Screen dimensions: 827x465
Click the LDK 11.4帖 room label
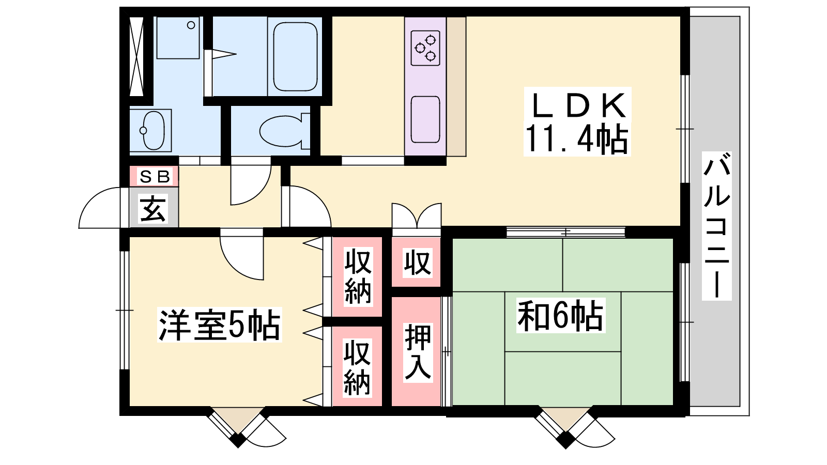point(577,122)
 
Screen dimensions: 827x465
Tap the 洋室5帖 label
point(220,325)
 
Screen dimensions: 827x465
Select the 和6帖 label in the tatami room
point(560,316)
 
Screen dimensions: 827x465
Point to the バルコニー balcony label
point(716,225)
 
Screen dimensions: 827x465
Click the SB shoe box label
point(155,177)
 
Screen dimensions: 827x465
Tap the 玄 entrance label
point(153,209)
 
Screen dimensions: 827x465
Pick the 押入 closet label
point(418,352)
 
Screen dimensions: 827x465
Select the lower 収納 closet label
point(357,368)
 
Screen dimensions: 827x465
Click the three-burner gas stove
point(425,49)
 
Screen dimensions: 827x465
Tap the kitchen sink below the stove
point(425,119)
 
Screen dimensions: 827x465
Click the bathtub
point(295,56)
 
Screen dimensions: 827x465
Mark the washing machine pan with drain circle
point(178,38)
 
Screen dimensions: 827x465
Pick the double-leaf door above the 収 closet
point(417,215)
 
